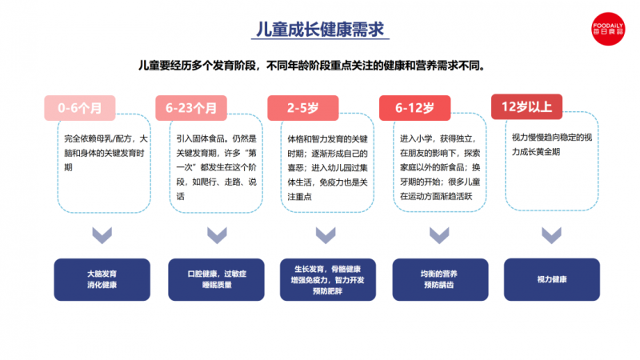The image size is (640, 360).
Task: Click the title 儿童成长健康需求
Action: (320, 30)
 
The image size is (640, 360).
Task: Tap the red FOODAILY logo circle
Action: (608, 29)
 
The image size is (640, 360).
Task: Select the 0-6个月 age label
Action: (80, 108)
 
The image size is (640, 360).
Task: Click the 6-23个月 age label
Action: (191, 108)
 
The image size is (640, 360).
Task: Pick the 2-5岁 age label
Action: (303, 108)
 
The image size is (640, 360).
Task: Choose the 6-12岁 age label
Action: (414, 108)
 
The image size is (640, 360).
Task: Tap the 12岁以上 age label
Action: (526, 106)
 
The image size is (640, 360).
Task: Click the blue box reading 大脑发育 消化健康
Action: (102, 279)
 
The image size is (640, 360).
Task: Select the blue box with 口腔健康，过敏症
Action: (216, 279)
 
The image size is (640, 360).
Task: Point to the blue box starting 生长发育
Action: (328, 279)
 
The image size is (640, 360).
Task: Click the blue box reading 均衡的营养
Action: (441, 279)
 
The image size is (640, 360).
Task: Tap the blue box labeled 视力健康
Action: (552, 279)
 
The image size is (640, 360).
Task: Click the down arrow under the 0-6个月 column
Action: (102, 235)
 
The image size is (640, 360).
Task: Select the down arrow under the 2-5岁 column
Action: (326, 235)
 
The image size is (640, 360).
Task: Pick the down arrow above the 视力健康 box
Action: (551, 235)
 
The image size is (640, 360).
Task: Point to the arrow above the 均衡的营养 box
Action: (439, 235)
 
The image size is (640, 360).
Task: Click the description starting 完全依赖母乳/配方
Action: (106, 153)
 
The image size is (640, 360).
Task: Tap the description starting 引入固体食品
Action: (216, 167)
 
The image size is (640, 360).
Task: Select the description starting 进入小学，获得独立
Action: (440, 167)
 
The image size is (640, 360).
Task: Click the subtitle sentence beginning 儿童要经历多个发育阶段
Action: (311, 66)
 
